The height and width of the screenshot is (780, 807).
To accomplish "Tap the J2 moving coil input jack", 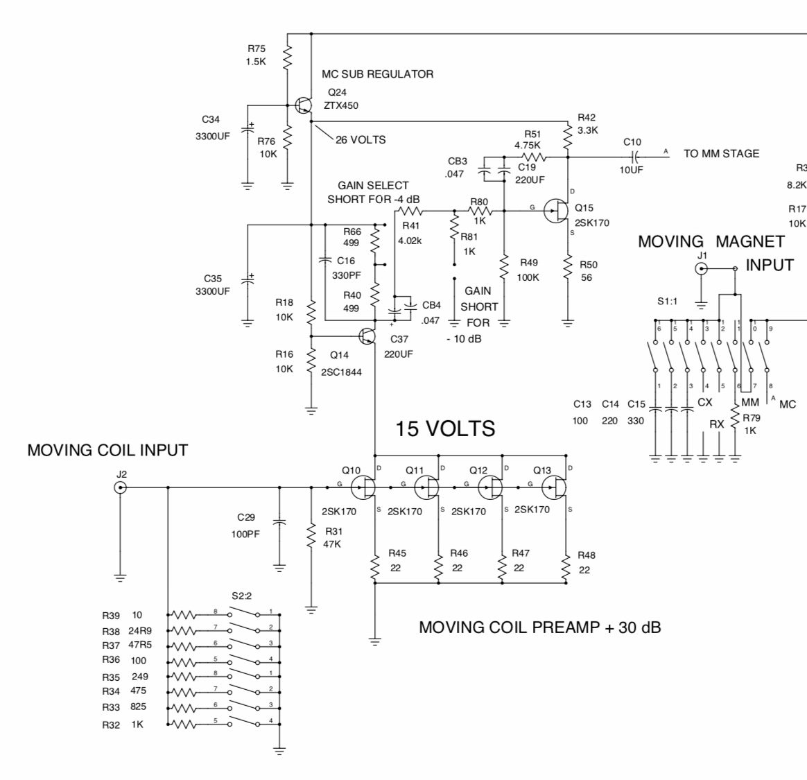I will (121, 488).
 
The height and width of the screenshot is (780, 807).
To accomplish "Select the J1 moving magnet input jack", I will (702, 268).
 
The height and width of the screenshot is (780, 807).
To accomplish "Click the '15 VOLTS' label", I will (445, 428).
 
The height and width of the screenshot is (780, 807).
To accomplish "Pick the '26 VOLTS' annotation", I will (361, 139).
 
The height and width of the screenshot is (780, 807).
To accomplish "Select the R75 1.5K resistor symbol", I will (287, 55).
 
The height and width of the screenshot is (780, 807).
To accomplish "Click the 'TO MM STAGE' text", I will (721, 154).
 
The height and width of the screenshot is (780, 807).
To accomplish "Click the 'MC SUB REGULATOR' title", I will (377, 74).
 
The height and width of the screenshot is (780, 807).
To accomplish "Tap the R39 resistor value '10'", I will (137, 615).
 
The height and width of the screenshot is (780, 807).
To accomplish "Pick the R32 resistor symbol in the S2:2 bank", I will (184, 725).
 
